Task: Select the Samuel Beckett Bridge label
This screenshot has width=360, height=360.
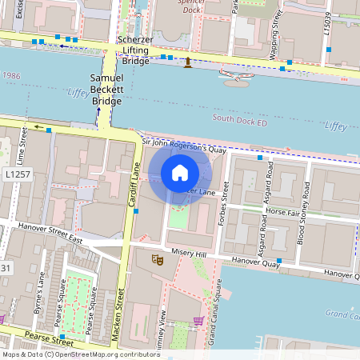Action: click(x=106, y=89)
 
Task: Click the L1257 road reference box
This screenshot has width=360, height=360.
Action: click(x=18, y=174)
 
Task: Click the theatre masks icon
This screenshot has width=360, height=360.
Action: click(x=158, y=259)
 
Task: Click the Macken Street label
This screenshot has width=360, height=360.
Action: click(x=121, y=312)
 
